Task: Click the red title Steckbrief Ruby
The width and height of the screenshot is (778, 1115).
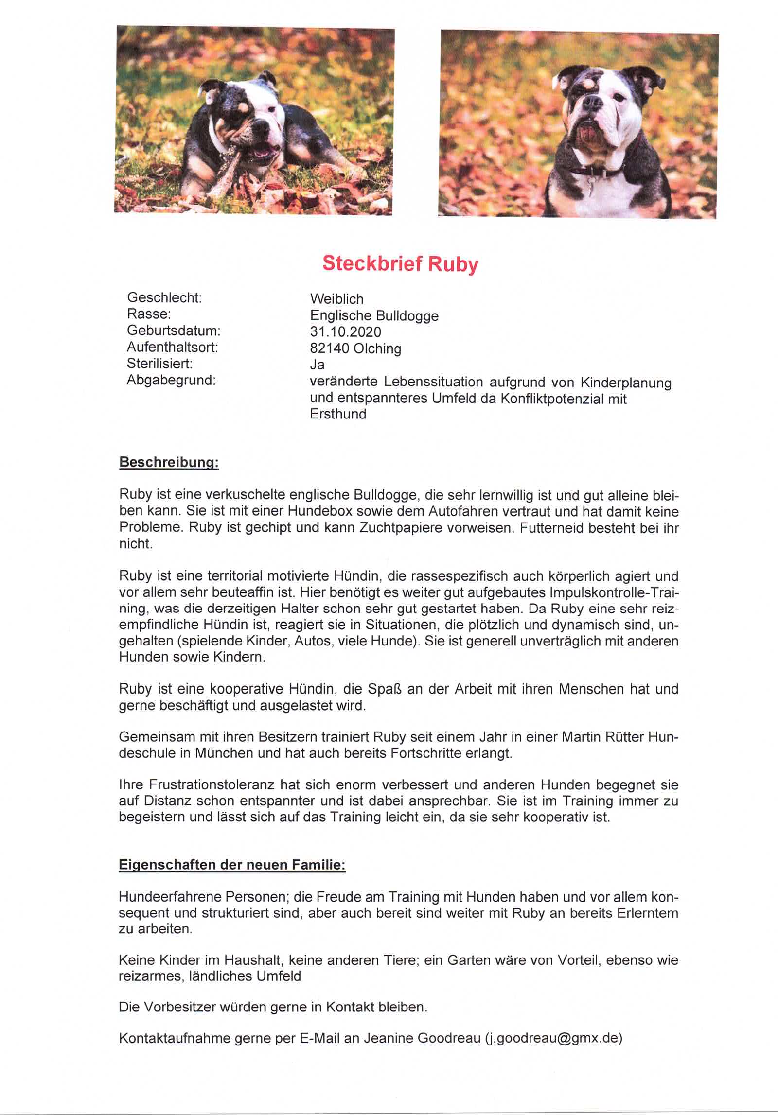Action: (400, 264)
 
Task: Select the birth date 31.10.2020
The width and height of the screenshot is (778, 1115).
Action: (346, 332)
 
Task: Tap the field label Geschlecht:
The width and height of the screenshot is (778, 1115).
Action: (164, 297)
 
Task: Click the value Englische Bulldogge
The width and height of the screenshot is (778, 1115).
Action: (374, 316)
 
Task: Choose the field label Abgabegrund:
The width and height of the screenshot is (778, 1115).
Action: (171, 380)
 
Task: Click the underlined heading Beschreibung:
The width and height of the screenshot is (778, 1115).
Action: (169, 462)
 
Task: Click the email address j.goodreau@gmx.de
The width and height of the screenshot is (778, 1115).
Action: (553, 1038)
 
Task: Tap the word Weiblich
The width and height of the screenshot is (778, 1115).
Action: (336, 299)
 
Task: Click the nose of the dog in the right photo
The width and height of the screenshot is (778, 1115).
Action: (592, 103)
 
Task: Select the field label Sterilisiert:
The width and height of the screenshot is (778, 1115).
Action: (159, 364)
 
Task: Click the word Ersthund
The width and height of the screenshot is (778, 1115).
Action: (338, 414)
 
